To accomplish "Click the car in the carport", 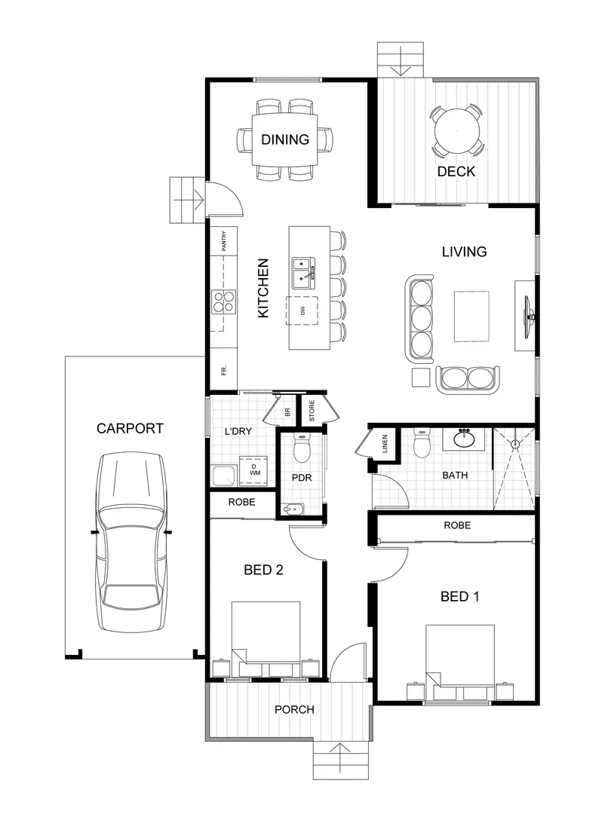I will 130,543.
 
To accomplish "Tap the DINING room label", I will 284,139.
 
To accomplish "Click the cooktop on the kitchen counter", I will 223,301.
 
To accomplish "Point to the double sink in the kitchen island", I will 304,272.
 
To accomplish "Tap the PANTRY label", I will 224,241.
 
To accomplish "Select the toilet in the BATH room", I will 422,444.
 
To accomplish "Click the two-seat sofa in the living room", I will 468,378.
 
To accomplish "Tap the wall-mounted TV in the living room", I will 530,315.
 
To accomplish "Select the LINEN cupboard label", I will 385,443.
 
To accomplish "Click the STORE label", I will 311,411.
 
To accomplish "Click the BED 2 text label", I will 263,570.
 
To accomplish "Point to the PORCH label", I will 294,709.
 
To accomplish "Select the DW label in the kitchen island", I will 302,311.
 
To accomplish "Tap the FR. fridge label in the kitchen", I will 224,371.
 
